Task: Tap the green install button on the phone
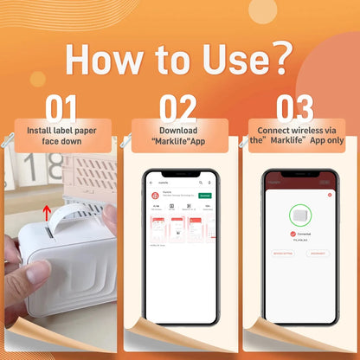tap(204, 196)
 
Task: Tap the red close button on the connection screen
tap(330, 195)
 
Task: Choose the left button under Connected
tap(282, 254)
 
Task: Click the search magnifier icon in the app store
tap(202, 183)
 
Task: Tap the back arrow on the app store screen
tap(151, 183)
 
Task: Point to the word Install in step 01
tap(40, 130)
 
